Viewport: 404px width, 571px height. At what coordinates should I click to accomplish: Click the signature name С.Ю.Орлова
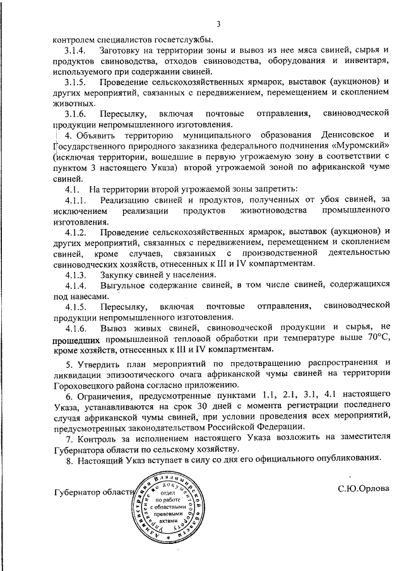coord(363,488)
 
